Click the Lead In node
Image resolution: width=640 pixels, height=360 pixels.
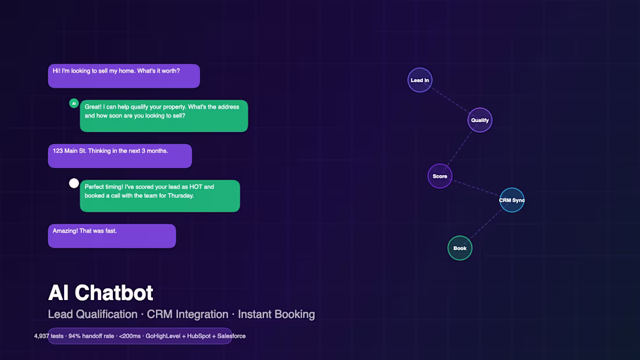pyautogui.click(x=419, y=80)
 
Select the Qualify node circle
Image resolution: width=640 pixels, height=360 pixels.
pyautogui.click(x=480, y=120)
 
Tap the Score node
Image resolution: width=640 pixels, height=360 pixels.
pyautogui.click(x=440, y=176)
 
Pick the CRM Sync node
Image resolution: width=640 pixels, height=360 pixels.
pyautogui.click(x=512, y=200)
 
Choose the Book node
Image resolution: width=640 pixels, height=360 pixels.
pyautogui.click(x=460, y=248)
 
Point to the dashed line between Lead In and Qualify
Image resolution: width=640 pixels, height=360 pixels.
pyautogui.click(x=450, y=100)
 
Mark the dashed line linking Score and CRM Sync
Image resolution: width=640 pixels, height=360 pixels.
pyautogui.click(x=475, y=188)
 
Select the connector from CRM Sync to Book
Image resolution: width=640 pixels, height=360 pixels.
pyautogui.click(x=486, y=224)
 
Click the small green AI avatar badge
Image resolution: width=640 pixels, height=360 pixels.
pyautogui.click(x=74, y=104)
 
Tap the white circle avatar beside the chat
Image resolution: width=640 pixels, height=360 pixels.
pyautogui.click(x=74, y=183)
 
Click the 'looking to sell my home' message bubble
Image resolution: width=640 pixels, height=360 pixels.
pyautogui.click(x=124, y=76)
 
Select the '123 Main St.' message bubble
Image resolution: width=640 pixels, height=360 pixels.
pyautogui.click(x=120, y=156)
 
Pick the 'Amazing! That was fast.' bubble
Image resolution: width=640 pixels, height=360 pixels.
pyautogui.click(x=112, y=236)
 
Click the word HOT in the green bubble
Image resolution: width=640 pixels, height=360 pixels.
pyautogui.click(x=196, y=187)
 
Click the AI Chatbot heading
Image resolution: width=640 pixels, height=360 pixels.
pyautogui.click(x=101, y=293)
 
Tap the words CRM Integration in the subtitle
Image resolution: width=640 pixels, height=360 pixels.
pyautogui.click(x=187, y=315)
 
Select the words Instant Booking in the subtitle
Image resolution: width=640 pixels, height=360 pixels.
pyautogui.click(x=276, y=315)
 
